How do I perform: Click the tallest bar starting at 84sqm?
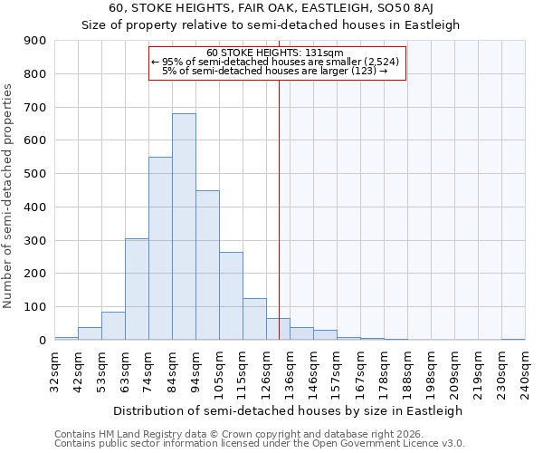[184, 226]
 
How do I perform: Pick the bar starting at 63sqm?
[137, 289]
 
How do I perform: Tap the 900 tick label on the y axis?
[35, 41]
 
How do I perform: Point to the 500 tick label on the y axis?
[35, 174]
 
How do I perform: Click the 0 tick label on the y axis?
[42, 340]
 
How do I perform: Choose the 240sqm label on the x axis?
[526, 372]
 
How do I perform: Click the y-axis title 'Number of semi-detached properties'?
[8, 196]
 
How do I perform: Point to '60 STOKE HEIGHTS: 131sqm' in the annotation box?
[275, 53]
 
